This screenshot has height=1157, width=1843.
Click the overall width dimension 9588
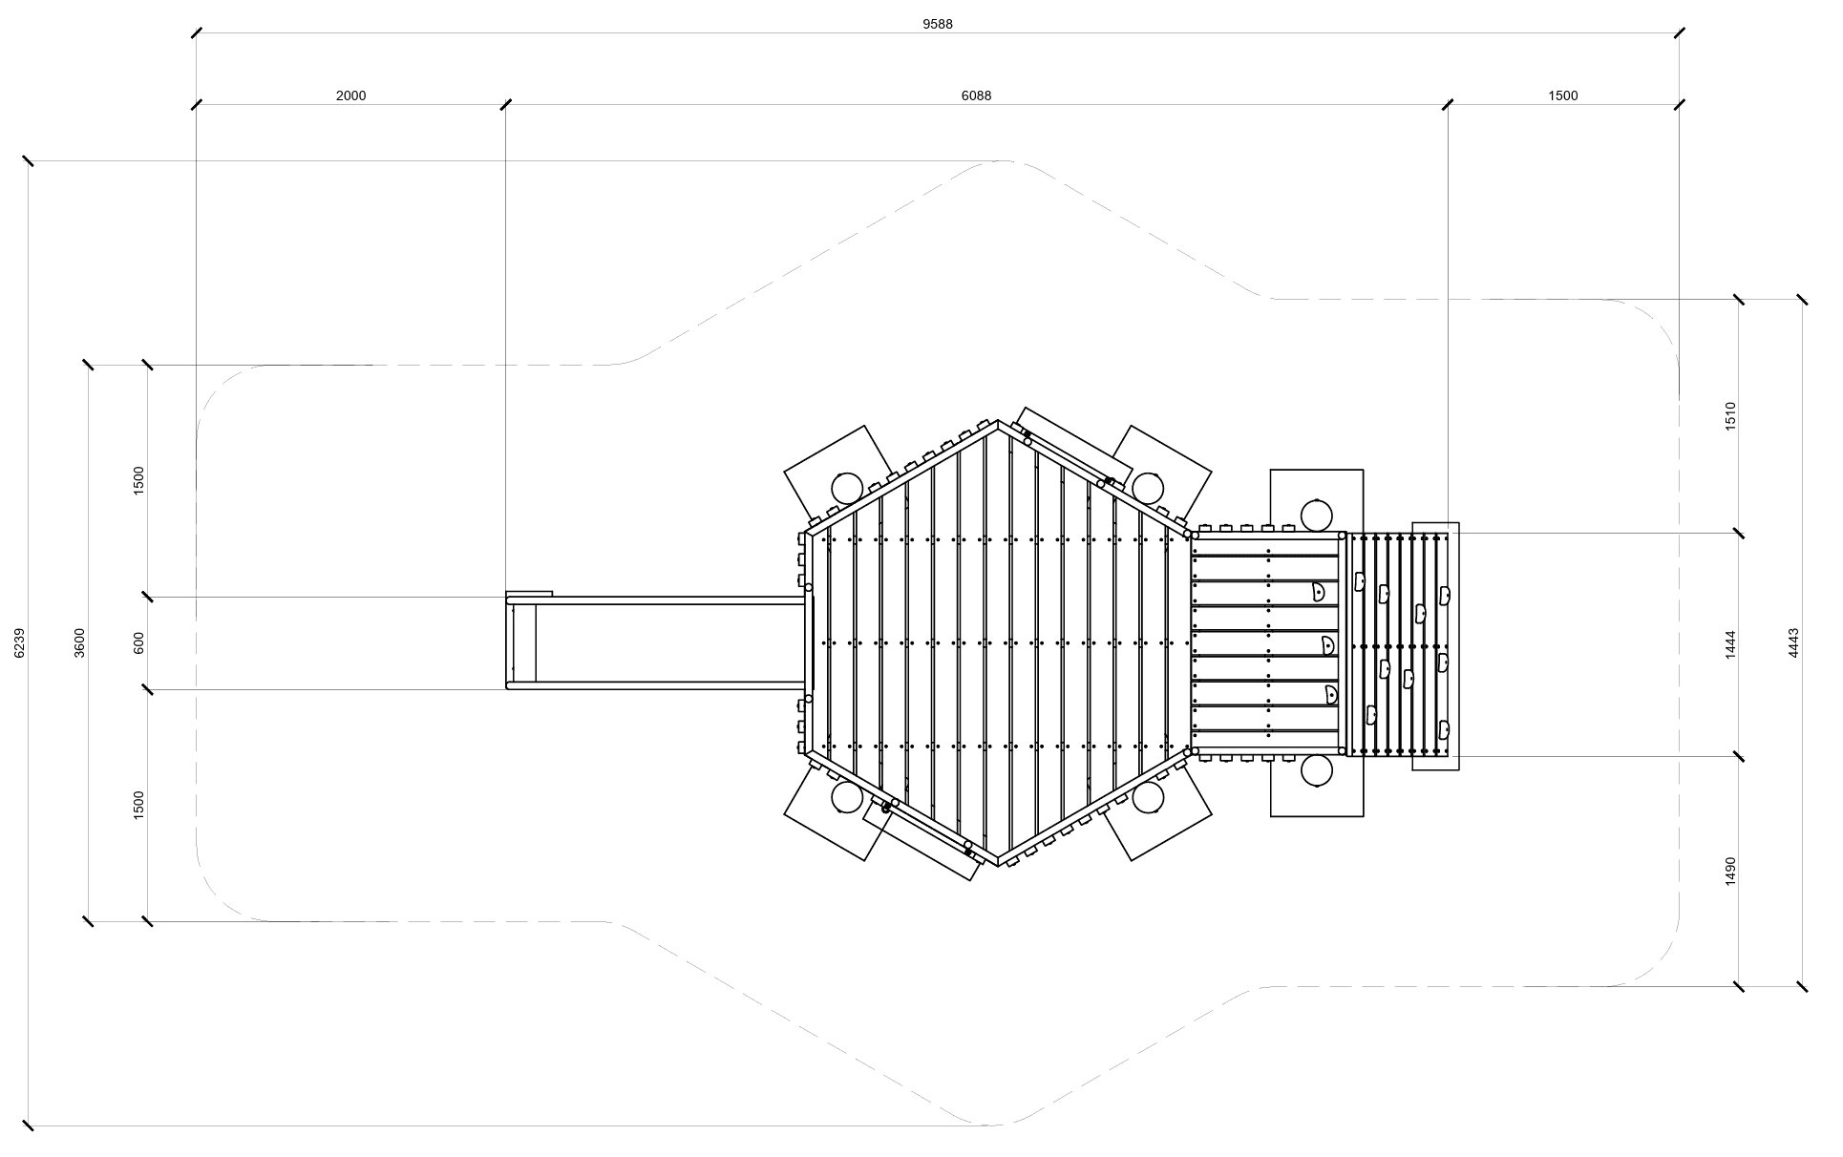point(937,24)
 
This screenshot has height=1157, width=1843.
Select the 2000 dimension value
point(350,95)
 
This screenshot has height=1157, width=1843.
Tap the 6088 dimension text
point(976,95)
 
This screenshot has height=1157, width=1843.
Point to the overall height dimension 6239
point(20,642)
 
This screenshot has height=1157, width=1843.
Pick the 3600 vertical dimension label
point(79,642)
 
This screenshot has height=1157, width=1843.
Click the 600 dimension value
point(138,642)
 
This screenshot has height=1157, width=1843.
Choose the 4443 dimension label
point(1793,642)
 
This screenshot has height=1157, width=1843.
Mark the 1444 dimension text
point(1730,644)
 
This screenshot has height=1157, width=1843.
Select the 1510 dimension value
point(1730,416)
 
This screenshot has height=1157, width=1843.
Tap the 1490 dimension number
point(1730,871)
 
